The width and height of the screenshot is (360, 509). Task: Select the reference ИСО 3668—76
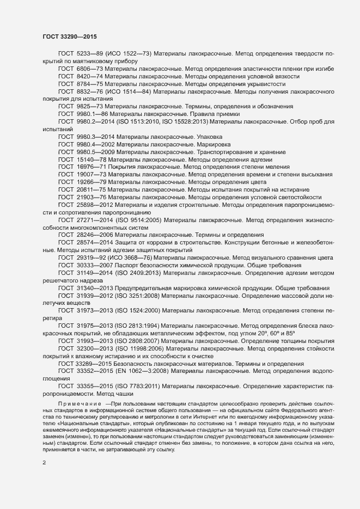click(130, 257)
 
